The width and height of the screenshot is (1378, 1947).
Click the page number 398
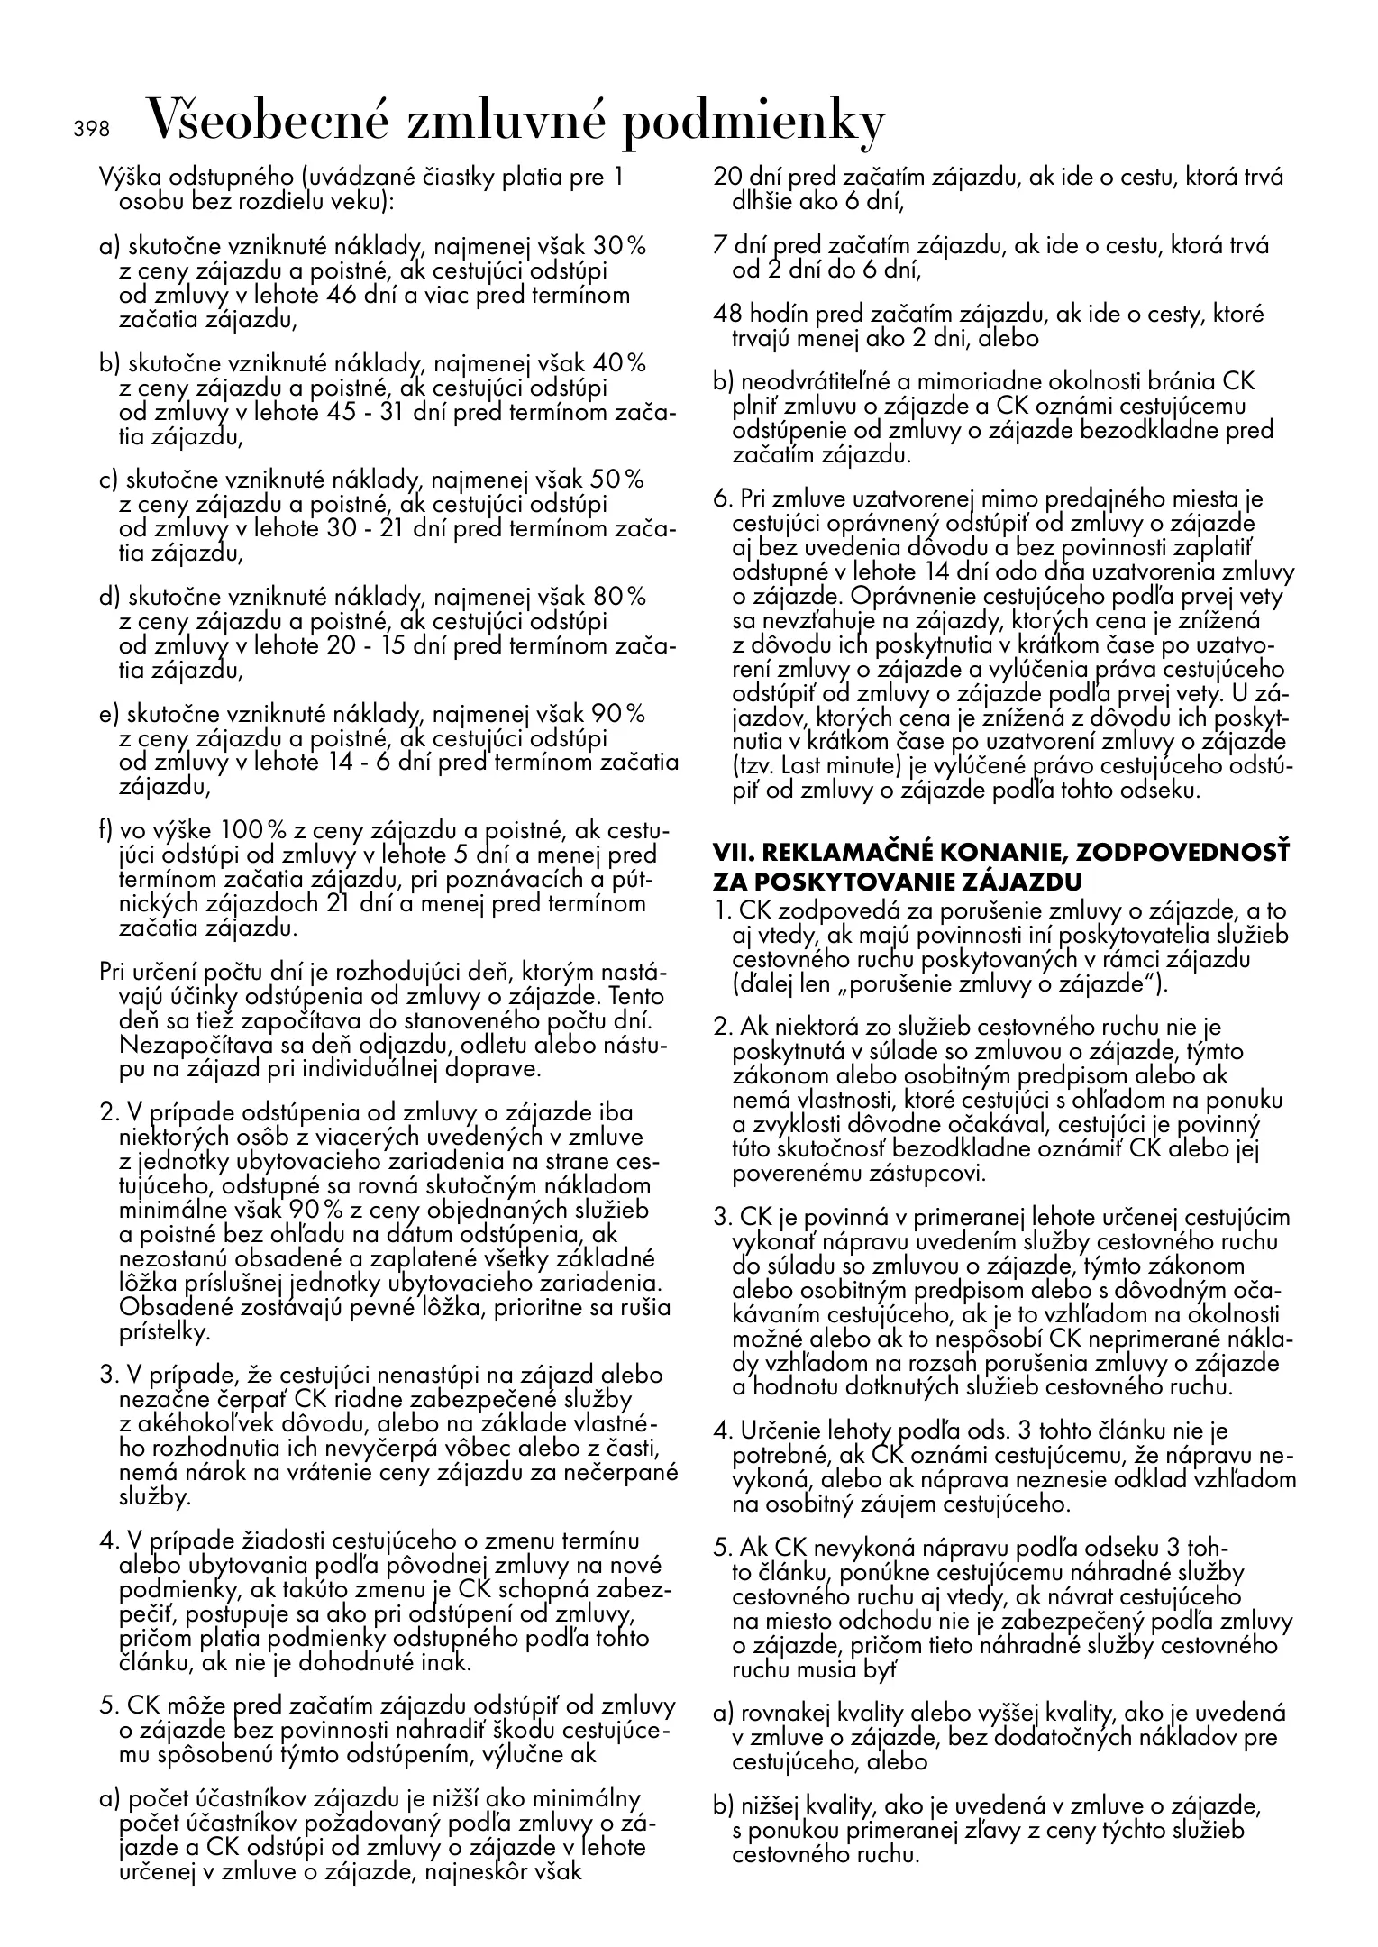pyautogui.click(x=91, y=130)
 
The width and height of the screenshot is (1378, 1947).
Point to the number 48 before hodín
pyautogui.click(x=727, y=315)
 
